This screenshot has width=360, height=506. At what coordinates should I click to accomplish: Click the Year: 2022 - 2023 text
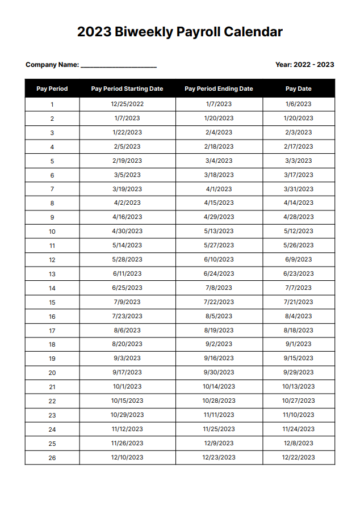tap(304, 65)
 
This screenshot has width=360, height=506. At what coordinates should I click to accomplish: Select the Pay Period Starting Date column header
tap(127, 89)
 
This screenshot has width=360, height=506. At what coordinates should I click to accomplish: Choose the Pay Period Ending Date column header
tap(219, 89)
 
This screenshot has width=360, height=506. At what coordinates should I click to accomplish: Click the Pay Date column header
tap(298, 89)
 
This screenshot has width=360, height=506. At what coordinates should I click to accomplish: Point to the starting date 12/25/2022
tap(127, 104)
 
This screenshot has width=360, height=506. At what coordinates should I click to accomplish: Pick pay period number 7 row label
tap(52, 189)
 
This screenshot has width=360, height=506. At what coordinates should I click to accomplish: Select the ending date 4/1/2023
tap(219, 189)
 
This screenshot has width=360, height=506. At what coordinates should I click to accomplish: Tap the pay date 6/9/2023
tap(298, 259)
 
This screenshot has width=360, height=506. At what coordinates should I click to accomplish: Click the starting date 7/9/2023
tap(127, 302)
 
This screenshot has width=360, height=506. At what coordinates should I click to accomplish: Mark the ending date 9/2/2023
tap(219, 344)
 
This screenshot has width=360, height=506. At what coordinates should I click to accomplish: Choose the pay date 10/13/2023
tap(298, 386)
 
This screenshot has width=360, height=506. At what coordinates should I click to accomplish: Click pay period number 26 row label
tap(52, 458)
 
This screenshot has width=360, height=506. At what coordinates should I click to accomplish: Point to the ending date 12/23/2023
tap(219, 457)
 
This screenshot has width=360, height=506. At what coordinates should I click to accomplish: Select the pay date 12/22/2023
tap(298, 457)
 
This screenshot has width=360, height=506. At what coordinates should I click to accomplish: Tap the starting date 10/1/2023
tap(127, 386)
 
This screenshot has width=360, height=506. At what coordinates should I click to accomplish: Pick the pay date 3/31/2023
tap(298, 189)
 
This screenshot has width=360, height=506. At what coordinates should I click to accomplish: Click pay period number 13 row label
tap(52, 274)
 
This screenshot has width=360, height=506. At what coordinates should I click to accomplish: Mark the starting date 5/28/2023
tap(127, 259)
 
